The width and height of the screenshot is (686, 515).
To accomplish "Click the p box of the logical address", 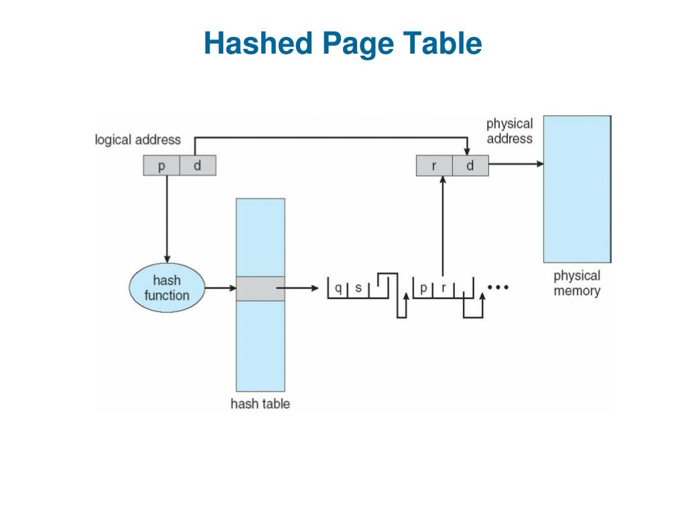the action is click(161, 166).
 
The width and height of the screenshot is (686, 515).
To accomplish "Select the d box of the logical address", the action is click(198, 166).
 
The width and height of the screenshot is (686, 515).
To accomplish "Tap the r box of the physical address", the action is click(434, 166).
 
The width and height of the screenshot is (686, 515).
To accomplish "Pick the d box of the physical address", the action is click(470, 166).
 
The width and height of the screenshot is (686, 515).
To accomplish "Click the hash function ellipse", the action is click(167, 288).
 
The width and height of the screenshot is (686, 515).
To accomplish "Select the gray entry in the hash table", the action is click(261, 288).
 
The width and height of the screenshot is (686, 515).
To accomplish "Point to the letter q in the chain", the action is click(338, 288).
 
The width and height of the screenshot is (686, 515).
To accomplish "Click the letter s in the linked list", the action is click(358, 288).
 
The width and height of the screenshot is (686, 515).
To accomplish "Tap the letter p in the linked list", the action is click(423, 288).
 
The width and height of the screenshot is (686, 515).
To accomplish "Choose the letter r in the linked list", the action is click(443, 288).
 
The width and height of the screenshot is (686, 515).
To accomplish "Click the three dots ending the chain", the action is click(498, 287).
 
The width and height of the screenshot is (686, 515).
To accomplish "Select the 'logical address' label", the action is click(138, 139).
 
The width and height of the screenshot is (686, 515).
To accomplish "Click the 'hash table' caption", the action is click(261, 403).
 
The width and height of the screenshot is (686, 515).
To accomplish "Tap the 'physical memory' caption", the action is click(577, 283).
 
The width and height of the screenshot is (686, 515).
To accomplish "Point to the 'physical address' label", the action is click(510, 131).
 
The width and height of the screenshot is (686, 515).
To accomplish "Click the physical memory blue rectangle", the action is click(577, 189).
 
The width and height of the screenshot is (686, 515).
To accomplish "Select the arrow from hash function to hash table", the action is click(220, 288).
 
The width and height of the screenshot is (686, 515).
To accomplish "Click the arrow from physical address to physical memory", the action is click(517, 164).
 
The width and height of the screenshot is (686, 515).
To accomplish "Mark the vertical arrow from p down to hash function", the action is click(167, 219).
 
